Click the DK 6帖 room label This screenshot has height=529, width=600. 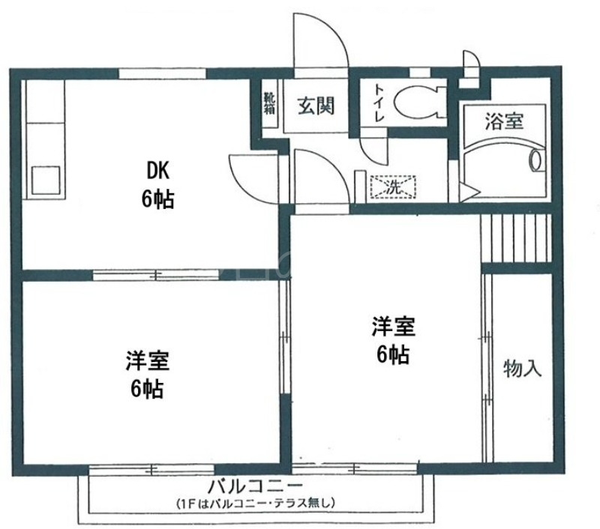158,185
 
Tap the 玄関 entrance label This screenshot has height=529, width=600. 316,106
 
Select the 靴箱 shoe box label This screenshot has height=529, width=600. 268,103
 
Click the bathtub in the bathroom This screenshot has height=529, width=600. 503,162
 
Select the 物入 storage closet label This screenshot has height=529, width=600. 523,369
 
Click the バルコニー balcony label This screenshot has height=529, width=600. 256,483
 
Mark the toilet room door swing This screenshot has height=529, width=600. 373,146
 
